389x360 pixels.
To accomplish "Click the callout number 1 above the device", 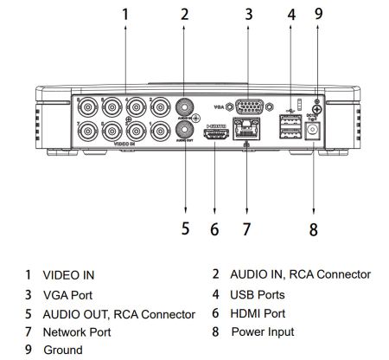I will [x=126, y=15].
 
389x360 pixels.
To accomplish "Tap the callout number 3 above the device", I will [x=248, y=15].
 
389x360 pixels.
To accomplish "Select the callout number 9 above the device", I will [x=319, y=14].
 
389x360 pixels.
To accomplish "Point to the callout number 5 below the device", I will [x=184, y=229].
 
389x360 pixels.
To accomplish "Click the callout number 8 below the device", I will [x=313, y=229].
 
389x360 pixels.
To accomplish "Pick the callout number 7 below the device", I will [x=246, y=229].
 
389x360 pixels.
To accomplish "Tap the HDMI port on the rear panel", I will [x=214, y=133].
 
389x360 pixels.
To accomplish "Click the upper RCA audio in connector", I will [x=184, y=107].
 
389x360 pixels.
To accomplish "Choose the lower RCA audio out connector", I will [x=184, y=130].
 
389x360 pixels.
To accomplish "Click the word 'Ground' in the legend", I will [x=64, y=350].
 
